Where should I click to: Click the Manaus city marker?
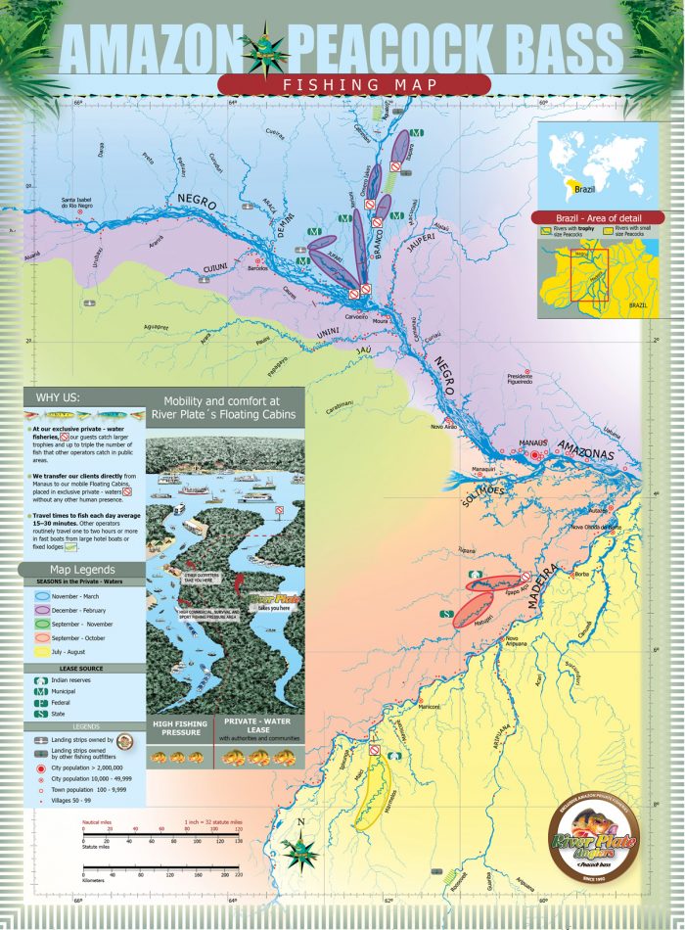pyautogui.click(x=534, y=455)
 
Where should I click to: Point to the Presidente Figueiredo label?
pyautogui.click(x=520, y=377)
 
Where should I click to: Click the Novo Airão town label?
pyautogui.click(x=445, y=427)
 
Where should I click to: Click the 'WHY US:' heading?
pyautogui.click(x=58, y=397)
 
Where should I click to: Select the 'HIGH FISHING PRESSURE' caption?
pyautogui.click(x=181, y=730)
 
